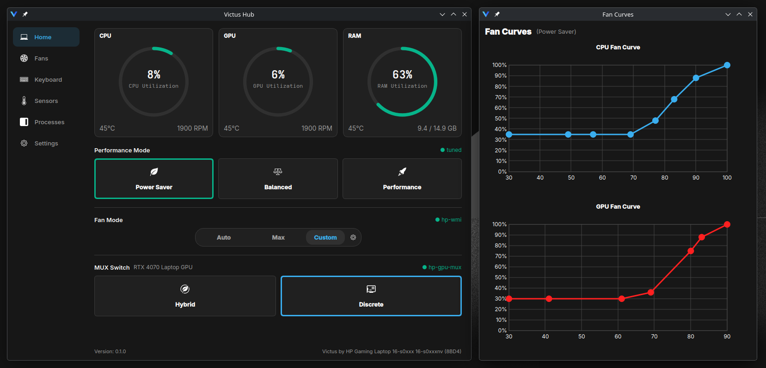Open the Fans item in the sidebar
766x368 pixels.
click(41, 59)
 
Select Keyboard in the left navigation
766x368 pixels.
click(48, 79)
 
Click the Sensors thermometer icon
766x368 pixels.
click(24, 101)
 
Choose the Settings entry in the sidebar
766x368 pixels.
click(46, 143)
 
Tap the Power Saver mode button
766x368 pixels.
click(154, 179)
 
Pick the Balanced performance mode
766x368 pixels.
click(278, 179)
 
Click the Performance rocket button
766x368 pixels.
click(402, 179)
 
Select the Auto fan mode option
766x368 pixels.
click(224, 237)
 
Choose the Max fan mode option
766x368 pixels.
click(278, 237)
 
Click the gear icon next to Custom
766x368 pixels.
click(353, 237)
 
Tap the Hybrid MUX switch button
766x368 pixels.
click(185, 296)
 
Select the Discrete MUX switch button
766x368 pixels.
click(371, 296)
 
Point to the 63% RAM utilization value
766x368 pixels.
click(403, 74)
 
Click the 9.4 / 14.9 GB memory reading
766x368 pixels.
click(437, 128)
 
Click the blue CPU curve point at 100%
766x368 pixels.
click(727, 65)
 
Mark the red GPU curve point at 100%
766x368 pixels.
click(727, 224)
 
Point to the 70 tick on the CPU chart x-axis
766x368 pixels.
click(633, 178)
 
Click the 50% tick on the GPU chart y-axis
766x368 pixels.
click(500, 278)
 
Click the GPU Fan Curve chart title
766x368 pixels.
click(618, 207)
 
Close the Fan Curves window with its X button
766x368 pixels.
click(750, 14)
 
